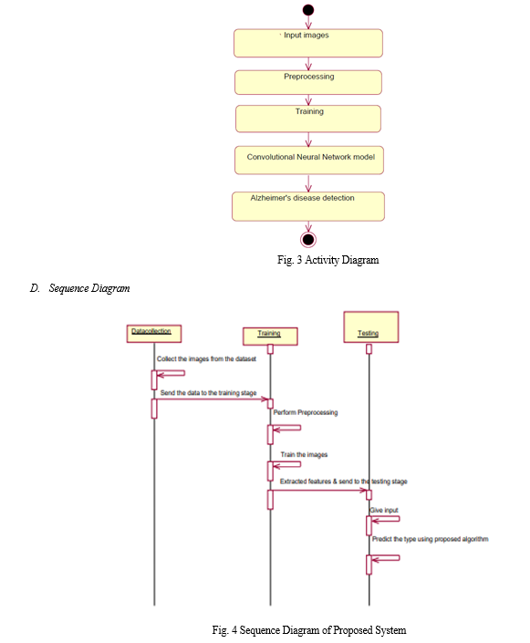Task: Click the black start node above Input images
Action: coord(308,10)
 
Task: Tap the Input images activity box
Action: coord(308,43)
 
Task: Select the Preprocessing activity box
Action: coord(308,82)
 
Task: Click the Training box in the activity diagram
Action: coord(308,119)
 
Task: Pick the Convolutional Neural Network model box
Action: coord(309,161)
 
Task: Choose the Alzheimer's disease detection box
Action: coord(308,207)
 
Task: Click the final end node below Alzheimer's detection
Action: coord(308,240)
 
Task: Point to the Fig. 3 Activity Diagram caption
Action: coord(328,260)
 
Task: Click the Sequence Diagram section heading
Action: coord(80,288)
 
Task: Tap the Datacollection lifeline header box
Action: coord(154,334)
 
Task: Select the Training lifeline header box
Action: coord(270,337)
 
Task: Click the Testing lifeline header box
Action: coord(371,327)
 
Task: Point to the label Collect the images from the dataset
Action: coord(206,358)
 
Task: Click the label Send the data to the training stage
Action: coord(208,393)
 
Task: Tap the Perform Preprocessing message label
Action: coord(306,412)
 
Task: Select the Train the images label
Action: coord(304,454)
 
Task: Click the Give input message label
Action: coord(384,510)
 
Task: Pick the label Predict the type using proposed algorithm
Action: coord(431,539)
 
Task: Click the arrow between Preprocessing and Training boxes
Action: coord(308,100)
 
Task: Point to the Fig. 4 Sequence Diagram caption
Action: coord(309,630)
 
